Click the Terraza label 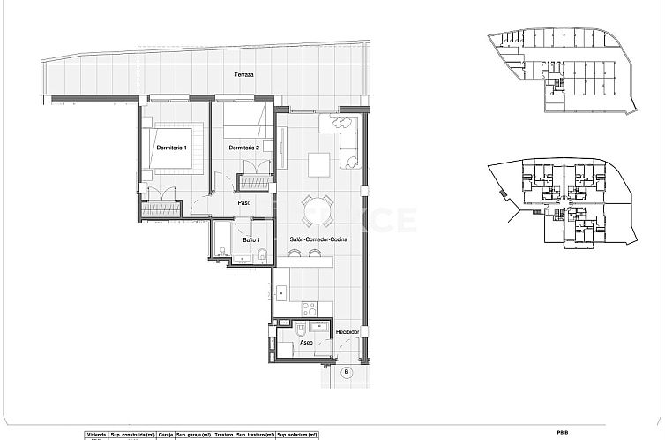pyautogui.click(x=243, y=76)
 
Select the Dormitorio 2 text pyautogui.click(x=243, y=148)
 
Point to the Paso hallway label pyautogui.click(x=244, y=203)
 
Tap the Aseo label pyautogui.click(x=305, y=342)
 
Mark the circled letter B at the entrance pyautogui.click(x=346, y=373)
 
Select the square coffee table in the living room pyautogui.click(x=318, y=163)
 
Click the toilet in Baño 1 pyautogui.click(x=263, y=256)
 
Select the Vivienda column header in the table pyautogui.click(x=95, y=436)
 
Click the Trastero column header pyautogui.click(x=223, y=436)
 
